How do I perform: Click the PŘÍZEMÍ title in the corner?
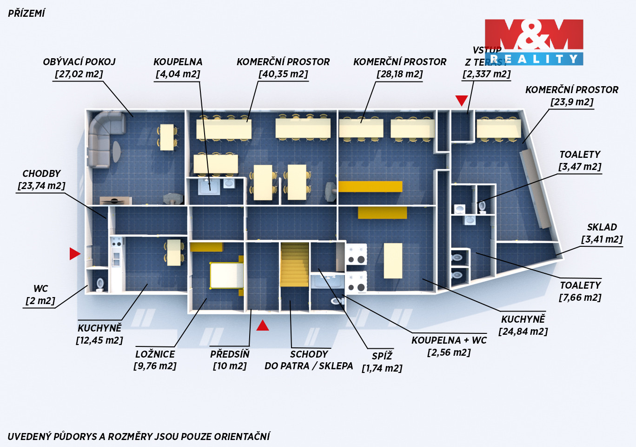click(x=26, y=14)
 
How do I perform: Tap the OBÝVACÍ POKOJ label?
click(x=79, y=62)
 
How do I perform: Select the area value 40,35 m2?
click(x=283, y=74)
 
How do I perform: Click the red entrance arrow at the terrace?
click(x=461, y=101)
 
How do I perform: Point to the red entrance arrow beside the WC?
click(x=75, y=254)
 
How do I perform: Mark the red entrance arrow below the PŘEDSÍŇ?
click(x=263, y=325)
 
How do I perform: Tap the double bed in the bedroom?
click(x=226, y=276)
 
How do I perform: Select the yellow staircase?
click(x=294, y=264)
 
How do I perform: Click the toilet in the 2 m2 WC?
click(x=99, y=284)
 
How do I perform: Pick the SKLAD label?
click(x=602, y=227)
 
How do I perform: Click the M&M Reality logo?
click(x=534, y=42)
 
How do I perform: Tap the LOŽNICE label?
click(x=155, y=354)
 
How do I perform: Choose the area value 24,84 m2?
click(x=523, y=332)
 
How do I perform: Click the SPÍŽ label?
click(x=382, y=356)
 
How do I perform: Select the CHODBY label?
click(x=41, y=174)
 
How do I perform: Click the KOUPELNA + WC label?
click(x=449, y=340)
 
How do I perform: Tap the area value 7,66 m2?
click(x=580, y=298)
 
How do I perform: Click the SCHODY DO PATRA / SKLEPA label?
click(x=309, y=360)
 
